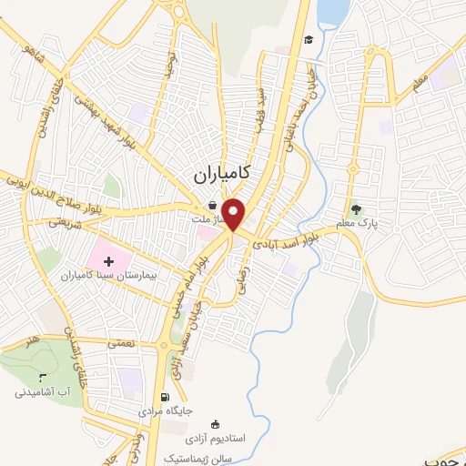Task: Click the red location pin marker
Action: coord(235,213)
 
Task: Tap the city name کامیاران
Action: coord(223,171)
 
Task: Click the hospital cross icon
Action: coord(109,261)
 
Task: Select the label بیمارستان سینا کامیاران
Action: coord(109,275)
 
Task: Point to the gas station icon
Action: coord(164,397)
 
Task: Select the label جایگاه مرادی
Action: coord(165,410)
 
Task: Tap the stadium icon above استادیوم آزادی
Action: coord(215,423)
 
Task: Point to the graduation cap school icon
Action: coord(309,39)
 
